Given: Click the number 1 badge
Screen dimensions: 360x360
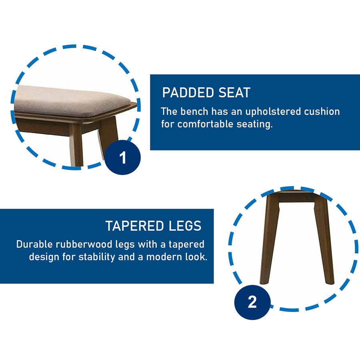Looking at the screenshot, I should click(123, 157).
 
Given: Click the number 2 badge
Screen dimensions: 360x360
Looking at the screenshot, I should click(252, 302).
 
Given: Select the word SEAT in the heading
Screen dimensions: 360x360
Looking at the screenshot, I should click(234, 93).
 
